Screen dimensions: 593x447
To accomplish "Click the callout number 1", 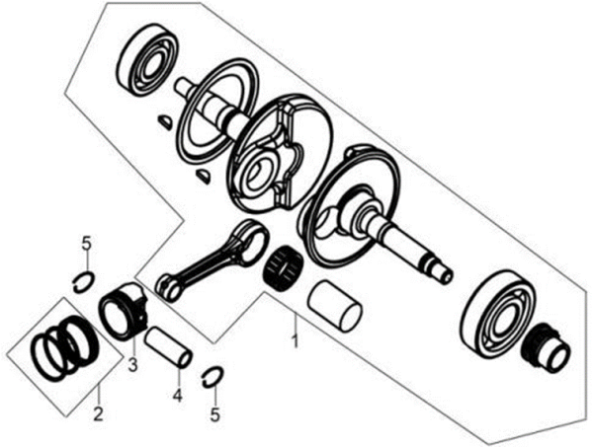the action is coord(295,340).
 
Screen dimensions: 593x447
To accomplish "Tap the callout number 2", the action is coord(98,414).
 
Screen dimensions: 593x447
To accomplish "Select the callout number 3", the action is coord(132,365).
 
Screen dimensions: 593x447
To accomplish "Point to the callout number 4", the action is coord(177,396).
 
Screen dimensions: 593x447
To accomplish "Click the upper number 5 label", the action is coord(87,244).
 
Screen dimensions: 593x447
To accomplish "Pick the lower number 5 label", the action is coord(214,414).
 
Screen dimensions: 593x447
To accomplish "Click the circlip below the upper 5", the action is coord(84,282).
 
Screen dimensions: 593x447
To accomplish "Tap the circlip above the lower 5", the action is coord(212,377).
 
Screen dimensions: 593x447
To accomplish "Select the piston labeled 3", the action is coord(123,310).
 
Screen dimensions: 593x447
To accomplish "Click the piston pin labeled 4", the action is coord(169,347).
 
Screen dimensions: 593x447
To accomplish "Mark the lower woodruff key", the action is coord(203,177).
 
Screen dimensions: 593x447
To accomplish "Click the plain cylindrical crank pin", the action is coord(334,306).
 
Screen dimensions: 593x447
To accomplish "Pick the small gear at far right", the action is coord(546,350).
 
